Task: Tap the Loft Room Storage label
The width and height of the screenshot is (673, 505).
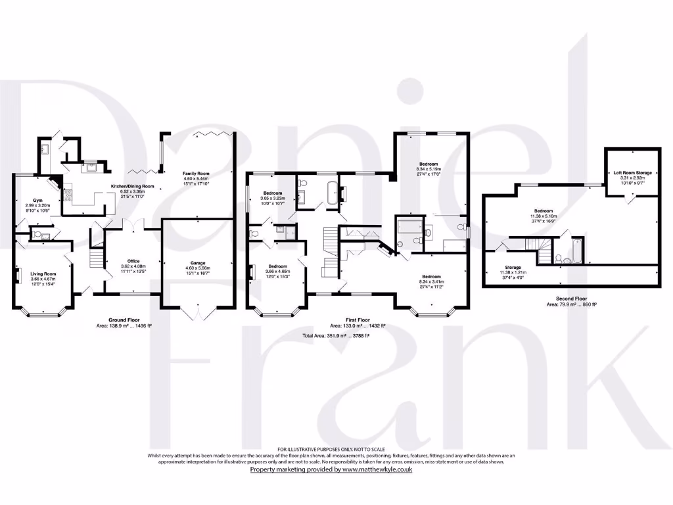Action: [633, 173]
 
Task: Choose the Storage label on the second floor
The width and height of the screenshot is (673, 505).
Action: [513, 267]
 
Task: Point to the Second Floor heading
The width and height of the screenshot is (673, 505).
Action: [570, 299]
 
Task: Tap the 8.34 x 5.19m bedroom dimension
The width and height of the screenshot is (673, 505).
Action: [429, 169]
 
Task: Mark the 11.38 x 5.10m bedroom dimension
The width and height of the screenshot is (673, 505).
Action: [544, 215]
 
